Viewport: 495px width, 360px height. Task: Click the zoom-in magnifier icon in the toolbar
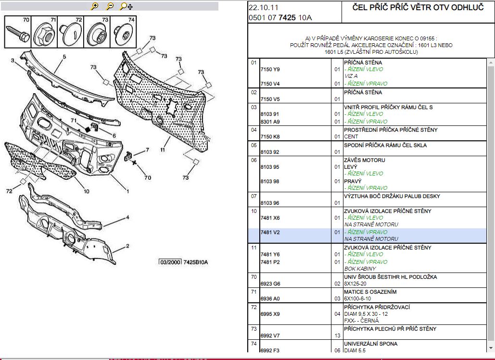pos(94,6)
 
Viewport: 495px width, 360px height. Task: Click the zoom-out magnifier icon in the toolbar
pos(110,6)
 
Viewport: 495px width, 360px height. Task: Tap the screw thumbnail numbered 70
pos(17,32)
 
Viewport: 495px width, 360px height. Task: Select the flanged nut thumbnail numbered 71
pos(44,32)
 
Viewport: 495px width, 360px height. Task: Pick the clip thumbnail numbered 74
pos(123,32)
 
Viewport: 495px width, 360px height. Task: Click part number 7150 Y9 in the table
pos(270,69)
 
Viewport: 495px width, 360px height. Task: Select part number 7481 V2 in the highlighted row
pos(270,232)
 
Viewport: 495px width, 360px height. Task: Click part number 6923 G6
pos(270,284)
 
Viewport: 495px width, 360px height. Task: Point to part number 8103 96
pos(270,203)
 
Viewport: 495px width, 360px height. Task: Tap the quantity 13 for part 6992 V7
pos(337,335)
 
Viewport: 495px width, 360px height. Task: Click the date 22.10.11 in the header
pos(264,8)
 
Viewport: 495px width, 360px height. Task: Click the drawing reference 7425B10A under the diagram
pos(196,262)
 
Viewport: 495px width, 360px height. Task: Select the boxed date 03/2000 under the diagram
pos(170,262)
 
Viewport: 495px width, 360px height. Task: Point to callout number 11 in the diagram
pos(163,150)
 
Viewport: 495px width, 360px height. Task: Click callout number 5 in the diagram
pos(64,57)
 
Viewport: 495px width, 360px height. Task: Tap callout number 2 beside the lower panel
pos(127,246)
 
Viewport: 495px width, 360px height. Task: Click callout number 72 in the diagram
pos(9,191)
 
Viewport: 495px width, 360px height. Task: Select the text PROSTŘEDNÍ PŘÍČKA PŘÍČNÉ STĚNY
pos(391,130)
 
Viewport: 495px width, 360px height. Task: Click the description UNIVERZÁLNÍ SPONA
pos(370,344)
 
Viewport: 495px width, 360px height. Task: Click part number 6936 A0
pos(270,298)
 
